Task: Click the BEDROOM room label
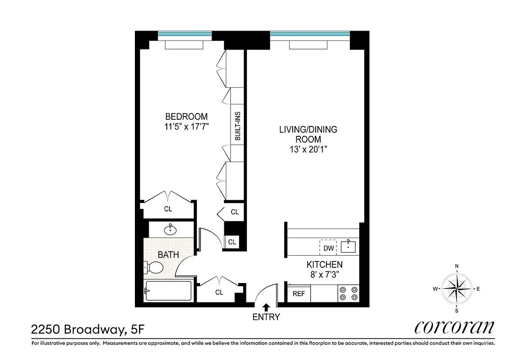(x=186, y=116)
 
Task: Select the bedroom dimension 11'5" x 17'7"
(x=186, y=126)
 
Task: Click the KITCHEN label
(x=324, y=265)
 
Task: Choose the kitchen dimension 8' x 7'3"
(x=324, y=274)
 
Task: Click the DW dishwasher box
(x=328, y=248)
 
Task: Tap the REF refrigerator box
(x=299, y=294)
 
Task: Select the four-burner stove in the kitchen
(x=349, y=293)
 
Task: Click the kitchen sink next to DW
(x=348, y=247)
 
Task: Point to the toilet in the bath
(x=153, y=268)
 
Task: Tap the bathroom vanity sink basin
(x=170, y=230)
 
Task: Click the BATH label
(x=168, y=255)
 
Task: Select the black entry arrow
(x=266, y=307)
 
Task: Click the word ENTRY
(x=266, y=317)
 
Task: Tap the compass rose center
(x=457, y=288)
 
